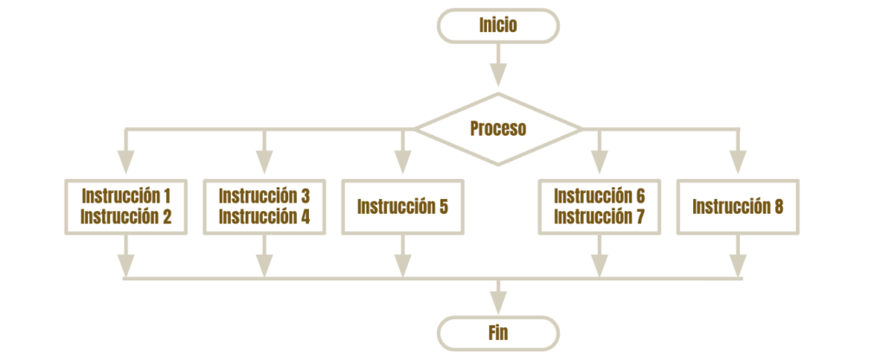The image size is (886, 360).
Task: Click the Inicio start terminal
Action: click(498, 25)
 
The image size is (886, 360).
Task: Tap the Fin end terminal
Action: click(498, 333)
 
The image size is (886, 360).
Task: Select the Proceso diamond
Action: click(498, 129)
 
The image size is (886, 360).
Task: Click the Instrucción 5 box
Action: click(403, 206)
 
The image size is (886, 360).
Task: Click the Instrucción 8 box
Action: click(738, 206)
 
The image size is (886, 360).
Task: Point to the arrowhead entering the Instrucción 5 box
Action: click(403, 162)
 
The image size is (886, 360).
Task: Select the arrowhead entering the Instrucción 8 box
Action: click(738, 162)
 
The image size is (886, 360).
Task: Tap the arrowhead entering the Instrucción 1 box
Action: click(126, 162)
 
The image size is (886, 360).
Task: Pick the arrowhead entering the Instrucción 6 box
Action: click(600, 162)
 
